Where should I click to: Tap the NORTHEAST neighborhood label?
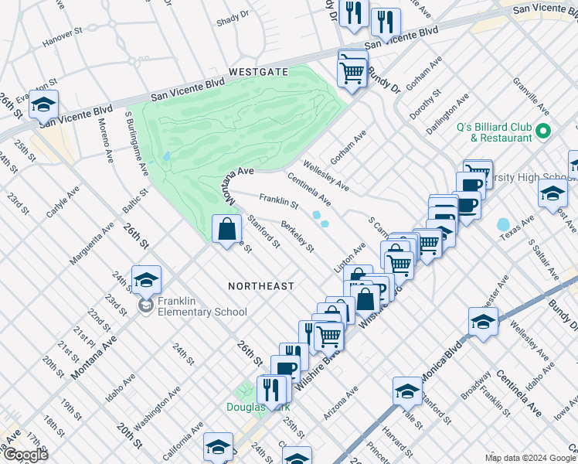tap(261, 286)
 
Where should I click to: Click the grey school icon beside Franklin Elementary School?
tap(145, 307)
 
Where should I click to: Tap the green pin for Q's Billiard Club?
tap(542, 131)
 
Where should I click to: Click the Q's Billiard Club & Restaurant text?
tap(495, 132)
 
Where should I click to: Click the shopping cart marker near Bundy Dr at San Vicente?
tap(352, 73)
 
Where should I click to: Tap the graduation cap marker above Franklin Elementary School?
tap(146, 280)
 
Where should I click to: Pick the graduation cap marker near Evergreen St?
tap(44, 104)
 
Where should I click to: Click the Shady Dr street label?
tap(233, 15)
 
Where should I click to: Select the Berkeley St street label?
tap(297, 237)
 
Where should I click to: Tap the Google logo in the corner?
tap(25, 455)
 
